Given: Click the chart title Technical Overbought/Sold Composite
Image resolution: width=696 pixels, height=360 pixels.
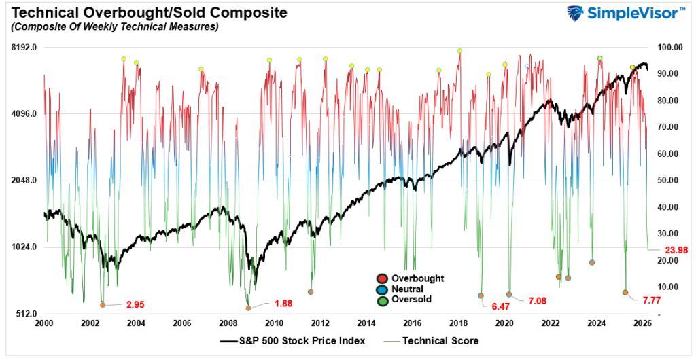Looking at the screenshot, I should [145, 12].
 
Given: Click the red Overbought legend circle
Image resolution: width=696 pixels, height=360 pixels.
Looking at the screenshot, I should [383, 278].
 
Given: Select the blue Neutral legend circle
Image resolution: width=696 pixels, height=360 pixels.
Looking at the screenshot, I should [383, 289].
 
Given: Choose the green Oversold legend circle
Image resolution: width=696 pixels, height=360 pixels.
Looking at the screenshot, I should [383, 299].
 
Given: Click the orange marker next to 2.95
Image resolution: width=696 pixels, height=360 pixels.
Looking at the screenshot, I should [103, 305].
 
